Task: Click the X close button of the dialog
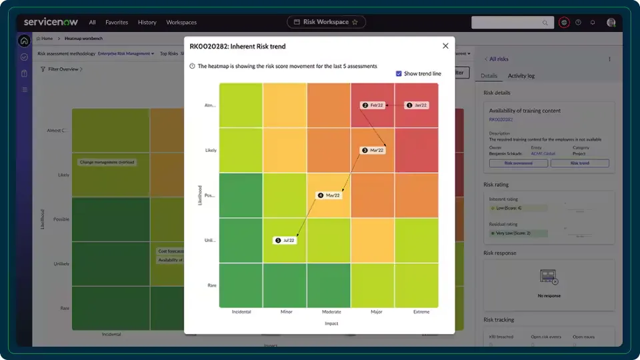click(x=445, y=46)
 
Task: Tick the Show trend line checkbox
click(x=399, y=74)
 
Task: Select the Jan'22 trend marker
click(x=417, y=105)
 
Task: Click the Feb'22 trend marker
click(x=373, y=105)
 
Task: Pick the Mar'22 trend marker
click(x=373, y=151)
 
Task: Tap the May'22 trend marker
click(x=329, y=195)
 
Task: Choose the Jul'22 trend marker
click(x=285, y=240)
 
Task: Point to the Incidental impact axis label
click(x=241, y=312)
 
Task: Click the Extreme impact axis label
click(x=421, y=312)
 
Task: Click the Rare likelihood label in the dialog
click(x=212, y=285)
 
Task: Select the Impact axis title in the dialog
click(x=331, y=324)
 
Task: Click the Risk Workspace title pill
click(x=326, y=22)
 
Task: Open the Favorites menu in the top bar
click(x=117, y=22)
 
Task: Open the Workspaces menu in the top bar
click(x=181, y=22)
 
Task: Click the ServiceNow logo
click(x=51, y=22)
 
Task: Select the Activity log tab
click(x=521, y=76)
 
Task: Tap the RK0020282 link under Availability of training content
click(x=501, y=119)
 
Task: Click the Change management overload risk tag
click(x=107, y=162)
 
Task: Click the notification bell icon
click(x=593, y=22)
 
